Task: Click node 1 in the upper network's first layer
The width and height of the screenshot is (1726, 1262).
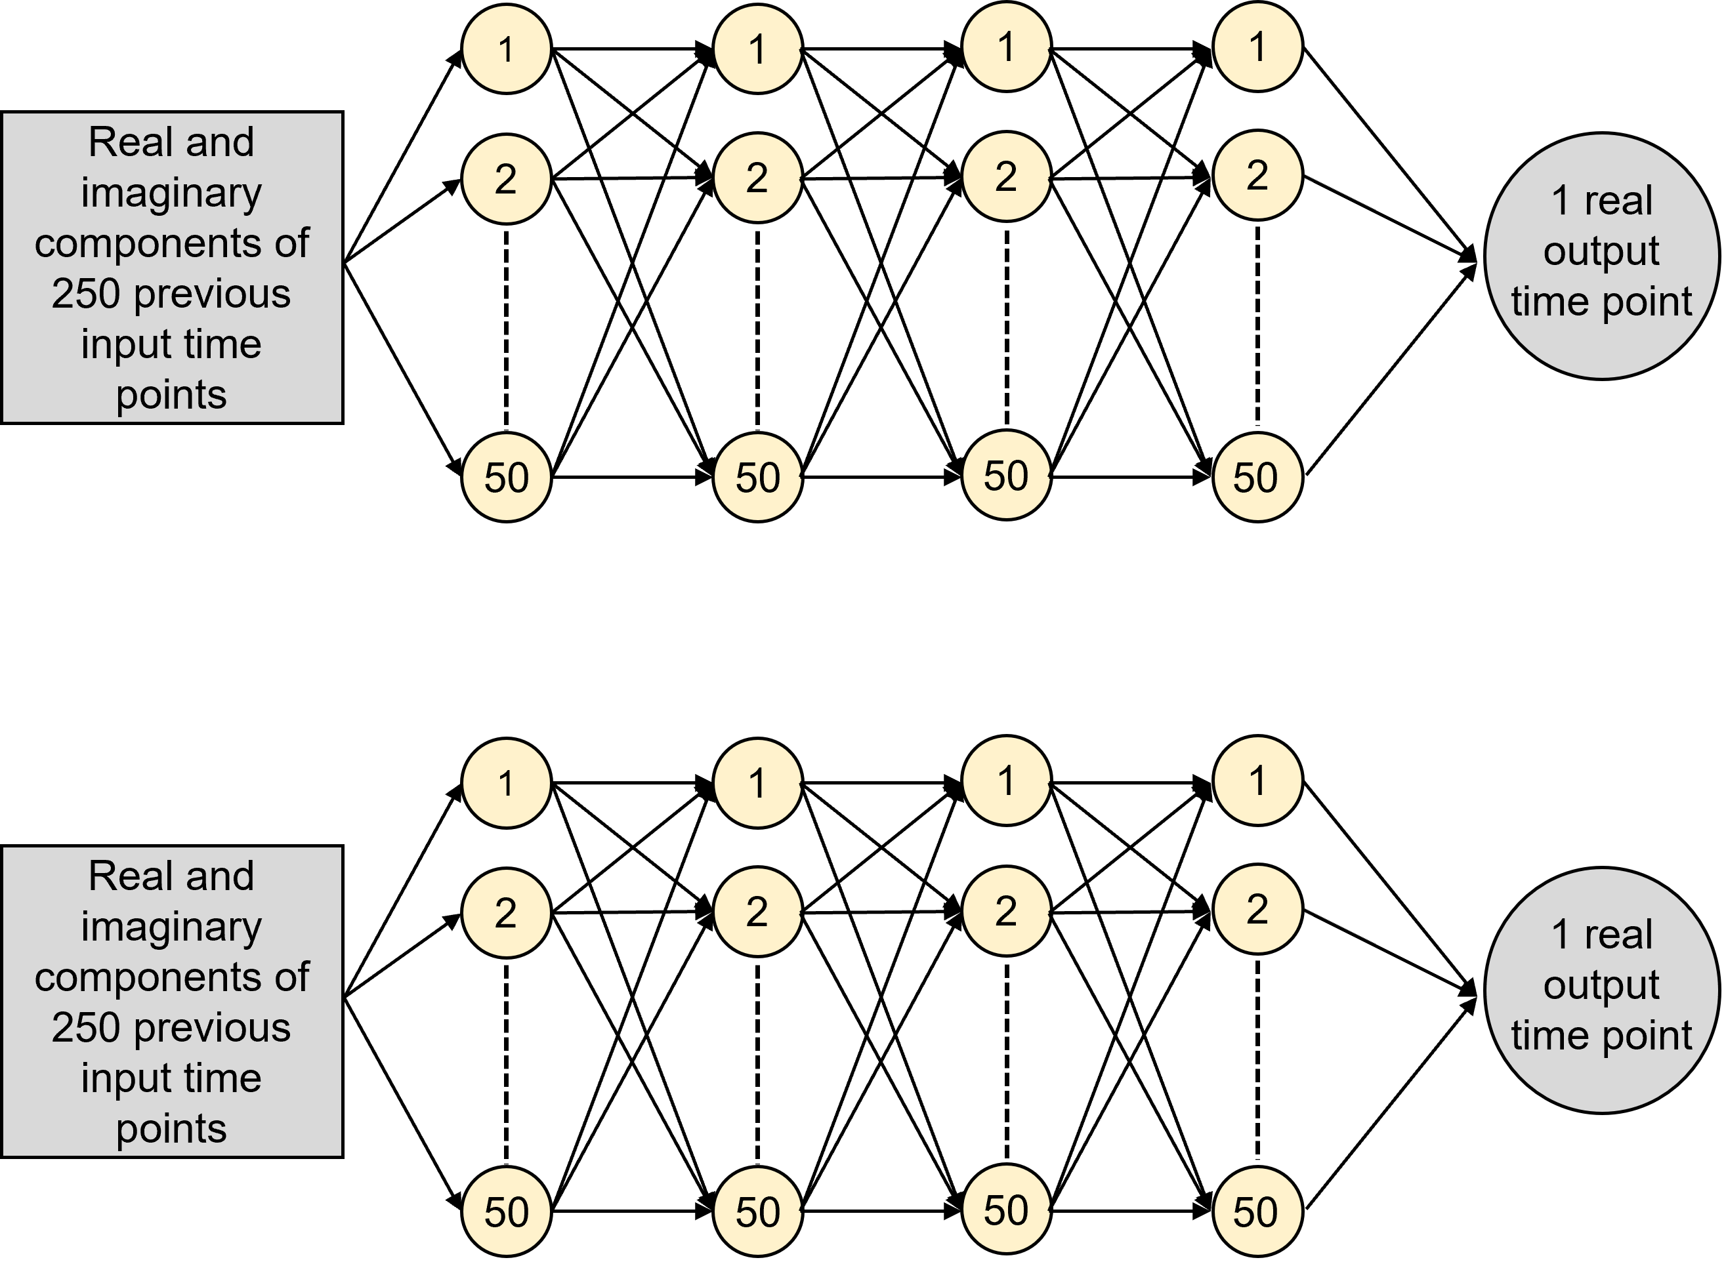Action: [506, 49]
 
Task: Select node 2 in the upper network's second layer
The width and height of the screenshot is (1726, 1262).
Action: [757, 178]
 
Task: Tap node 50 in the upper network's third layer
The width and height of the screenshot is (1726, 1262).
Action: [1006, 475]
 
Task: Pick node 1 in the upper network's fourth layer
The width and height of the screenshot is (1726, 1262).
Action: [1257, 47]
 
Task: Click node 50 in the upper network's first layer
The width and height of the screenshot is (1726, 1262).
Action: [506, 478]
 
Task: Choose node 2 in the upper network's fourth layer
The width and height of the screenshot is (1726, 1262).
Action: [1257, 176]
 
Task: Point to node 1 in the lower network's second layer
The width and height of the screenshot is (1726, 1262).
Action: [757, 783]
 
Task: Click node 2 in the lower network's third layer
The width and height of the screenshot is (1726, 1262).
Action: [1006, 910]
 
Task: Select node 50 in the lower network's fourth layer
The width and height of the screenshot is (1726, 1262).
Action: [1257, 1211]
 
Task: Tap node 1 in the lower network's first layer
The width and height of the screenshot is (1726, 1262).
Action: [506, 783]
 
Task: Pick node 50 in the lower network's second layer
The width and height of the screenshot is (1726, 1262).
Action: [757, 1211]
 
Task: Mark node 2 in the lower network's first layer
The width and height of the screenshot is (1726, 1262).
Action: [506, 913]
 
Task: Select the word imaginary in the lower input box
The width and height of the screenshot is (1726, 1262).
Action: [171, 927]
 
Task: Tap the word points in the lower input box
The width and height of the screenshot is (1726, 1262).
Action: [171, 1128]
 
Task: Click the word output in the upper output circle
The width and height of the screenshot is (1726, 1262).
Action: [1601, 251]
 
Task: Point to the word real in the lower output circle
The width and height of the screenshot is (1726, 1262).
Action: [1618, 934]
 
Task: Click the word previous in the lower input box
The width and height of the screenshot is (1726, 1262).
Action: [212, 1027]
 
